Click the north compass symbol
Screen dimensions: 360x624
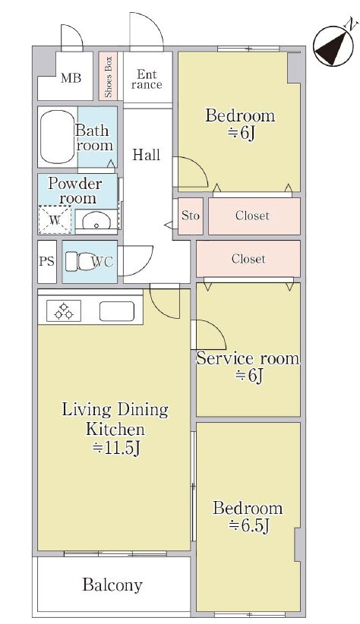click(333, 44)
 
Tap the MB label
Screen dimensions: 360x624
click(71, 77)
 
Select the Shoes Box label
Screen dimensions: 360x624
click(109, 77)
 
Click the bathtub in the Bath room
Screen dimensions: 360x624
click(58, 137)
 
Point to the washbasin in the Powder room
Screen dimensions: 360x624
click(96, 219)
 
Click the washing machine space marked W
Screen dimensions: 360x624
click(55, 220)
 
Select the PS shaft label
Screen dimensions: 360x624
click(46, 261)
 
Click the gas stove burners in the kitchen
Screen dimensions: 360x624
click(64, 310)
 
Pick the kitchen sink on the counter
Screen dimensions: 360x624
click(117, 311)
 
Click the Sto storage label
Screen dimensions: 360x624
click(191, 216)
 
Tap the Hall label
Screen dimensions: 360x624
click(146, 154)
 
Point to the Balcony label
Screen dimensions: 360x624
click(112, 585)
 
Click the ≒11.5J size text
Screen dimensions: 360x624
click(116, 449)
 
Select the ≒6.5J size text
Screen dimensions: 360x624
click(249, 526)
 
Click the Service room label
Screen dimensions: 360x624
click(248, 358)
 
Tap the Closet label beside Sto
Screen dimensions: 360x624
click(252, 216)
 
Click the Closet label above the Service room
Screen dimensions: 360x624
click(248, 259)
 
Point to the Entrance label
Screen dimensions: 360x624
click(147, 79)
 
